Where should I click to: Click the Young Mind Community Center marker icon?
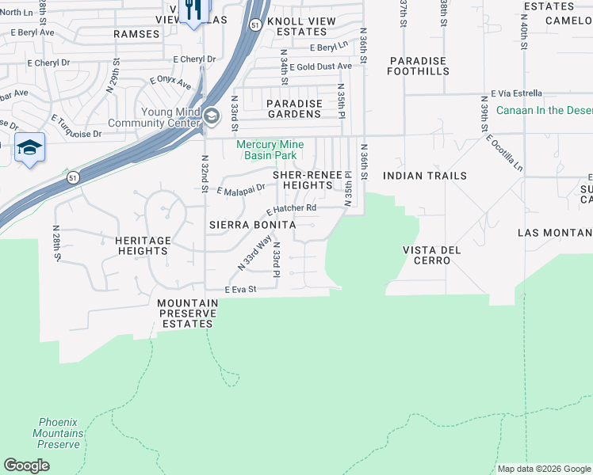211,117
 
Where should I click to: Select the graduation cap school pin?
29,148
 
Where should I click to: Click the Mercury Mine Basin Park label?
270,150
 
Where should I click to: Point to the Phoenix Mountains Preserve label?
58,433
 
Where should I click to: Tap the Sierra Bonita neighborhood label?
252,225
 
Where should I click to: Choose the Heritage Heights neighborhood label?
143,245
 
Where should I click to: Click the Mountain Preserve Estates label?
187,313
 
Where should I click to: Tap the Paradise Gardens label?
294,108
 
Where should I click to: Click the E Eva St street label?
241,291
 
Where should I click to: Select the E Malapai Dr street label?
241,190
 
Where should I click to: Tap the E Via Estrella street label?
517,93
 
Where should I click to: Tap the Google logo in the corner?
26,465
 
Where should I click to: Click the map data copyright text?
544,469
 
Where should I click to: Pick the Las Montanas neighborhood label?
555,233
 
